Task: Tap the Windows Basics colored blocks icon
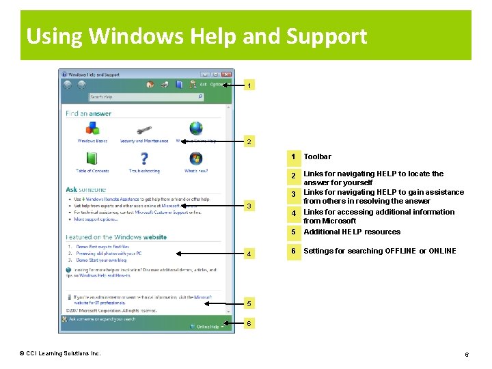(x=92, y=128)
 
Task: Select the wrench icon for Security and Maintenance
(x=143, y=129)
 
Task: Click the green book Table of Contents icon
(x=92, y=159)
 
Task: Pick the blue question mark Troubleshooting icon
(x=144, y=159)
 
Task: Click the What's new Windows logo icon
(x=196, y=159)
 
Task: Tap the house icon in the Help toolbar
(x=150, y=85)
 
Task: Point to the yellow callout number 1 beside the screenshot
(x=250, y=86)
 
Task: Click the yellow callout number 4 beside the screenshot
(x=250, y=254)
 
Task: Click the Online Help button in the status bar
(x=208, y=327)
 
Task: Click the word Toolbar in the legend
(x=317, y=156)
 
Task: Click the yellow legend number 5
(x=292, y=232)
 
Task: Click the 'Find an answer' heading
(x=88, y=113)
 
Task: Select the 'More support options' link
(x=96, y=219)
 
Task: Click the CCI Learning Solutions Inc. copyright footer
(x=60, y=353)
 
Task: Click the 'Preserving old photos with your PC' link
(x=109, y=253)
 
